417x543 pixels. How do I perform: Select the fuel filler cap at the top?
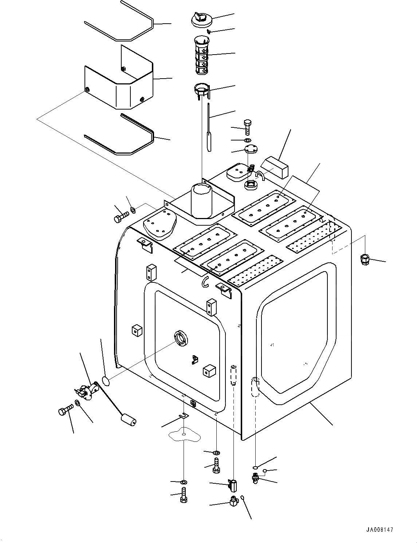pyautogui.click(x=201, y=19)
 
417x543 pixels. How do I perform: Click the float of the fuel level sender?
pyautogui.click(x=128, y=419)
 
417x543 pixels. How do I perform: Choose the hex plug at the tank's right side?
pyautogui.click(x=364, y=259)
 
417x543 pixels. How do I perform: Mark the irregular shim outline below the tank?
pyautogui.click(x=184, y=434)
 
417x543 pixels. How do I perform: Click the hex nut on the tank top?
pyautogui.click(x=251, y=185)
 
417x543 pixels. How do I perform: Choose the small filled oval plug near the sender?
pyautogui.click(x=105, y=381)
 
